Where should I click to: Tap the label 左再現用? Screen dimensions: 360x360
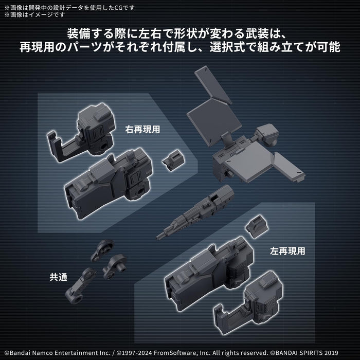pyautogui.click(x=287, y=251)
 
